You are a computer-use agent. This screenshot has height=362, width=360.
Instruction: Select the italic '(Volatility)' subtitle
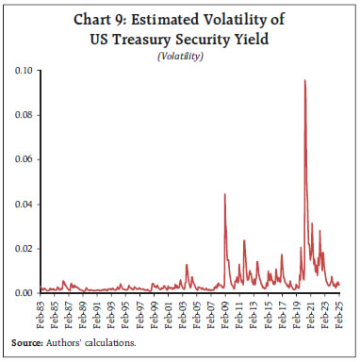pyautogui.click(x=179, y=57)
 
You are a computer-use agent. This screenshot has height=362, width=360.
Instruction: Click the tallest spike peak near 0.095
pyautogui.click(x=304, y=81)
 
